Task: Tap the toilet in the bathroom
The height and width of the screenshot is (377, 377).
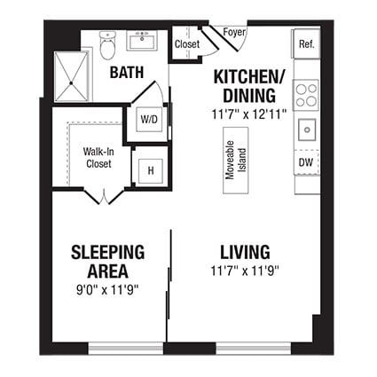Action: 108,44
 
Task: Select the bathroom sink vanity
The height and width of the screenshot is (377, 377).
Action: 143,42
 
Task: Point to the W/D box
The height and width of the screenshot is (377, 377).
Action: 146,119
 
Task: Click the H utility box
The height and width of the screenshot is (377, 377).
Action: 150,169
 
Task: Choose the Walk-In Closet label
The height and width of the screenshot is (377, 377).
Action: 98,157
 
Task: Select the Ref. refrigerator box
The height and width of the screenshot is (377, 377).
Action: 306,43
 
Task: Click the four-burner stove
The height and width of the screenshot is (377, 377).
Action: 306,94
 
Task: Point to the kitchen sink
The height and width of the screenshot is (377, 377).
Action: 307,130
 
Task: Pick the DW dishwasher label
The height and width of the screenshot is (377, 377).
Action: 306,163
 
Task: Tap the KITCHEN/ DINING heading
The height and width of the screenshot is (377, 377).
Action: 248,85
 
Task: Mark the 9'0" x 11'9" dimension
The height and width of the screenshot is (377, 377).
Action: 107,288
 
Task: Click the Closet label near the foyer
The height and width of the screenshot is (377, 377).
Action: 186,44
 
